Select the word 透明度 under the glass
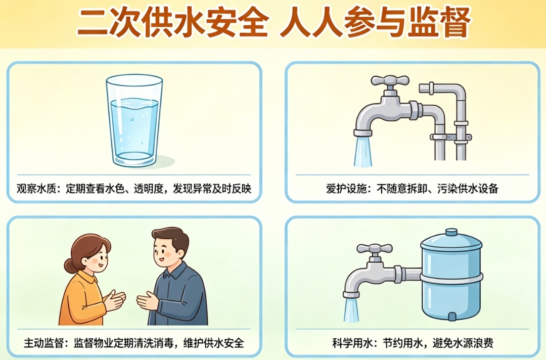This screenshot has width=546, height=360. tap(148, 189)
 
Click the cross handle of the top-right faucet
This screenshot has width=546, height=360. tap(390, 81)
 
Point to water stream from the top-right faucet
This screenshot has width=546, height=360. tap(363, 152)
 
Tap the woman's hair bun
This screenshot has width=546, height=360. tap(69, 267)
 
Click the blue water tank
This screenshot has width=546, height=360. tap(451, 275)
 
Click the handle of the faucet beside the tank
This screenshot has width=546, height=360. tap(375, 249)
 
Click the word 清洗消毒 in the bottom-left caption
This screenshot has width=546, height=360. tap(154, 343)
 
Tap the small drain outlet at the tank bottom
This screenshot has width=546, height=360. tap(451, 316)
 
